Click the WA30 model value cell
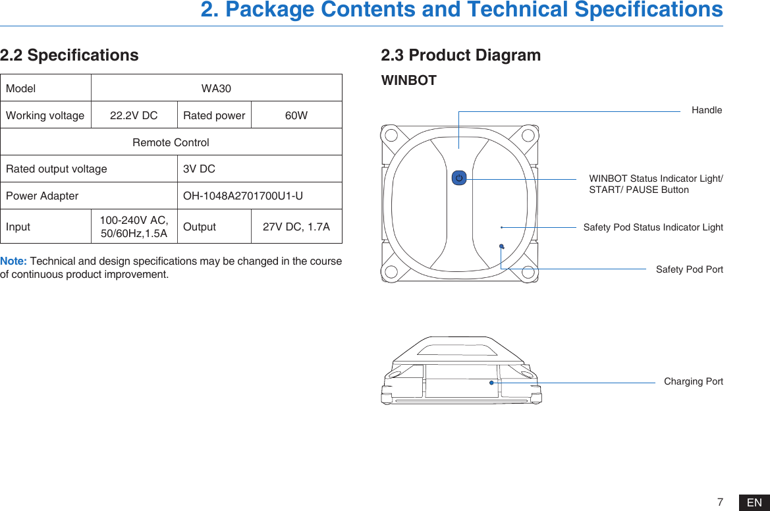(x=216, y=88)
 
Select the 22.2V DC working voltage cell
(x=134, y=115)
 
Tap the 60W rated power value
(x=296, y=115)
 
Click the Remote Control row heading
(x=171, y=142)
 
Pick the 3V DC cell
(x=199, y=169)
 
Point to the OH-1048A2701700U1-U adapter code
(x=242, y=196)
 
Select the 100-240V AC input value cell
(x=134, y=227)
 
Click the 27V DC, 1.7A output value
(x=296, y=227)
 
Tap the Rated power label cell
(x=214, y=115)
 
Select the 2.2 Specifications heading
(x=69, y=55)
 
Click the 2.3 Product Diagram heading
(x=461, y=55)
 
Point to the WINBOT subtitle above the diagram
(x=409, y=80)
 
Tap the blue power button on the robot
(x=459, y=178)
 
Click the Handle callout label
(x=706, y=110)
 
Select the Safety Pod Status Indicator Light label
(x=653, y=227)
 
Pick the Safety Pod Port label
(x=689, y=269)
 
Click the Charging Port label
(x=693, y=381)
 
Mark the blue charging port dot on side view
(x=491, y=382)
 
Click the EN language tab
(x=754, y=503)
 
